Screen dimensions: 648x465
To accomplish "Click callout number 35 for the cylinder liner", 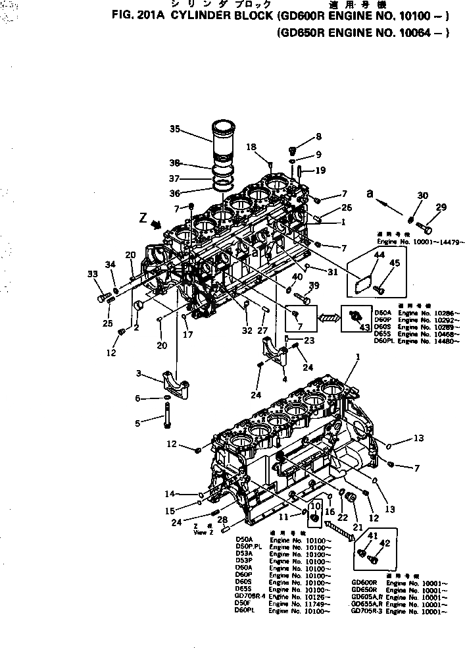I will tap(174, 129).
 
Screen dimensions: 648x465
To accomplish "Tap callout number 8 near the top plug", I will tap(318, 137).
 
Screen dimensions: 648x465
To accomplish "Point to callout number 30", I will tap(422, 196).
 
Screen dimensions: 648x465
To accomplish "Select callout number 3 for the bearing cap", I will tap(139, 374).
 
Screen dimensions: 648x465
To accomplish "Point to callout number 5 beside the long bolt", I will tap(137, 423).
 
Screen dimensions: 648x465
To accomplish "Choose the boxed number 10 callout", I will tap(314, 506).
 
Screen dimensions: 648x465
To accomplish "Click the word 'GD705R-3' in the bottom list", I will tap(366, 610).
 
